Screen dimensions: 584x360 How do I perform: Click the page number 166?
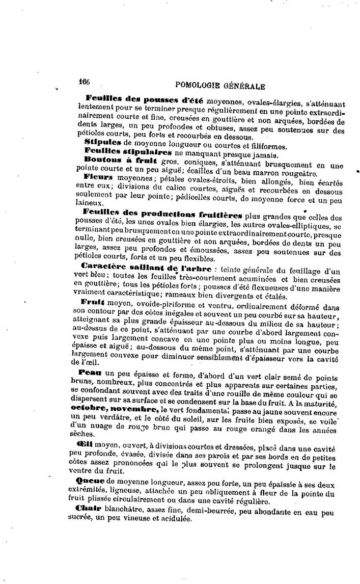(x=84, y=82)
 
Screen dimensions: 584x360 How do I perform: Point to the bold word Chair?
(x=87, y=509)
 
